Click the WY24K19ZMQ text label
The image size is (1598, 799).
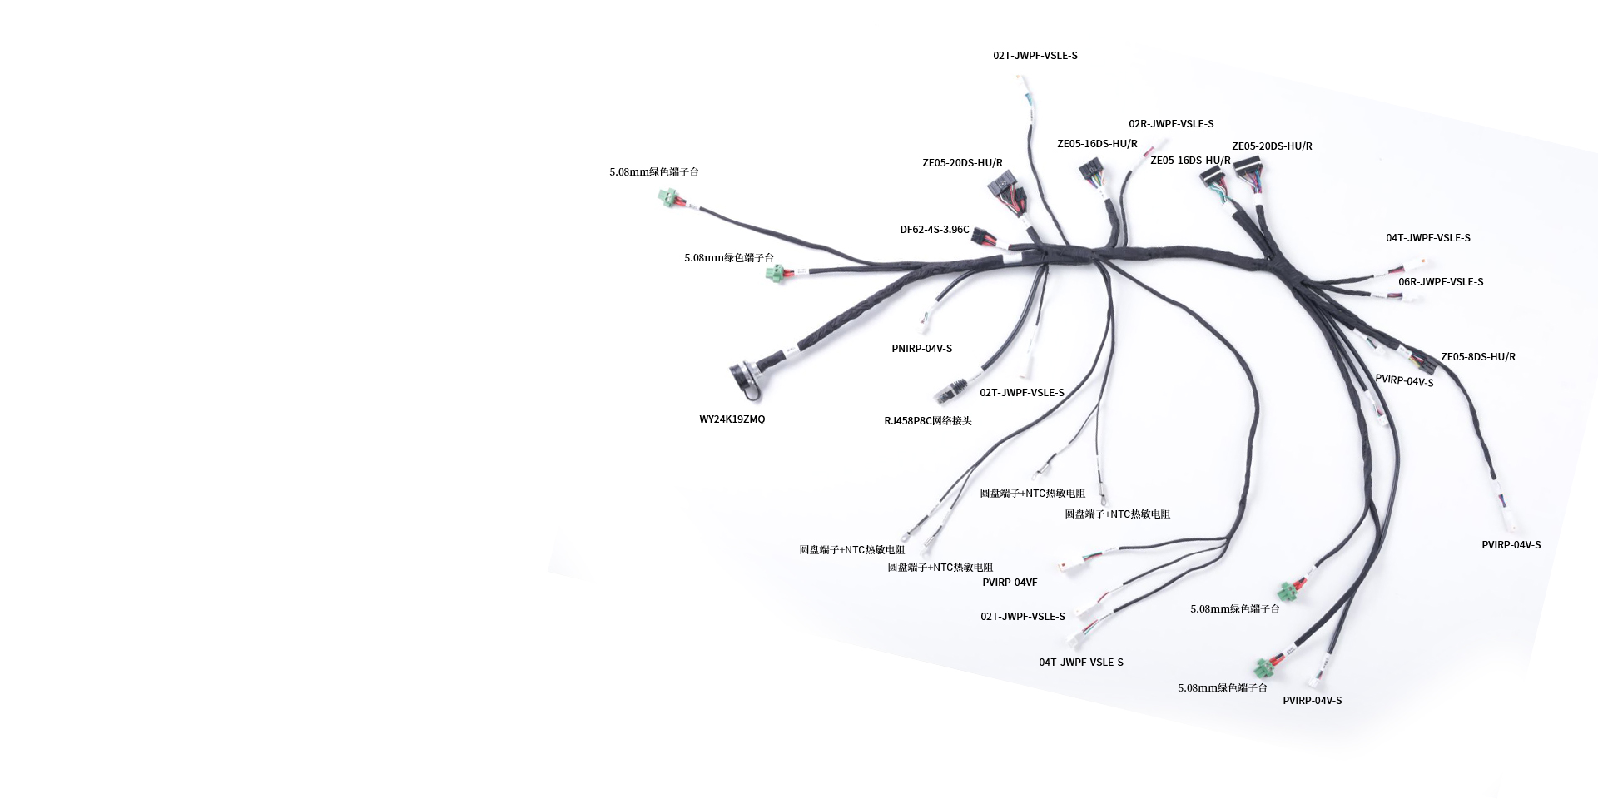732,419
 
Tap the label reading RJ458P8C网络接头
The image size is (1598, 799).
927,420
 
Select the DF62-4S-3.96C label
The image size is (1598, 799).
934,230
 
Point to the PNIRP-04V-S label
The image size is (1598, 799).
921,348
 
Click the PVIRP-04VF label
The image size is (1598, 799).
1009,582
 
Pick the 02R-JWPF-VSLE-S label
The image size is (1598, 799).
1170,124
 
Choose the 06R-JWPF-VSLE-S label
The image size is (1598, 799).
1440,281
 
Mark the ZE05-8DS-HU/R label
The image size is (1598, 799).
1477,356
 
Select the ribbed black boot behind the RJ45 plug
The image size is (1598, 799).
957,386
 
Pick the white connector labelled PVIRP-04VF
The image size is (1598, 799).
1067,564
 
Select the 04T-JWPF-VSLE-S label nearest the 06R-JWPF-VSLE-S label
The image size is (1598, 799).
1427,237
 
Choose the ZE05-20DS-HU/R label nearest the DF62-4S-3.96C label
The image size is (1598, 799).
962,163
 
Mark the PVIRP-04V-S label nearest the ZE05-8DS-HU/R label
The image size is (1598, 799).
1403,380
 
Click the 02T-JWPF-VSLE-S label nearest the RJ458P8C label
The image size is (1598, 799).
1021,392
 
